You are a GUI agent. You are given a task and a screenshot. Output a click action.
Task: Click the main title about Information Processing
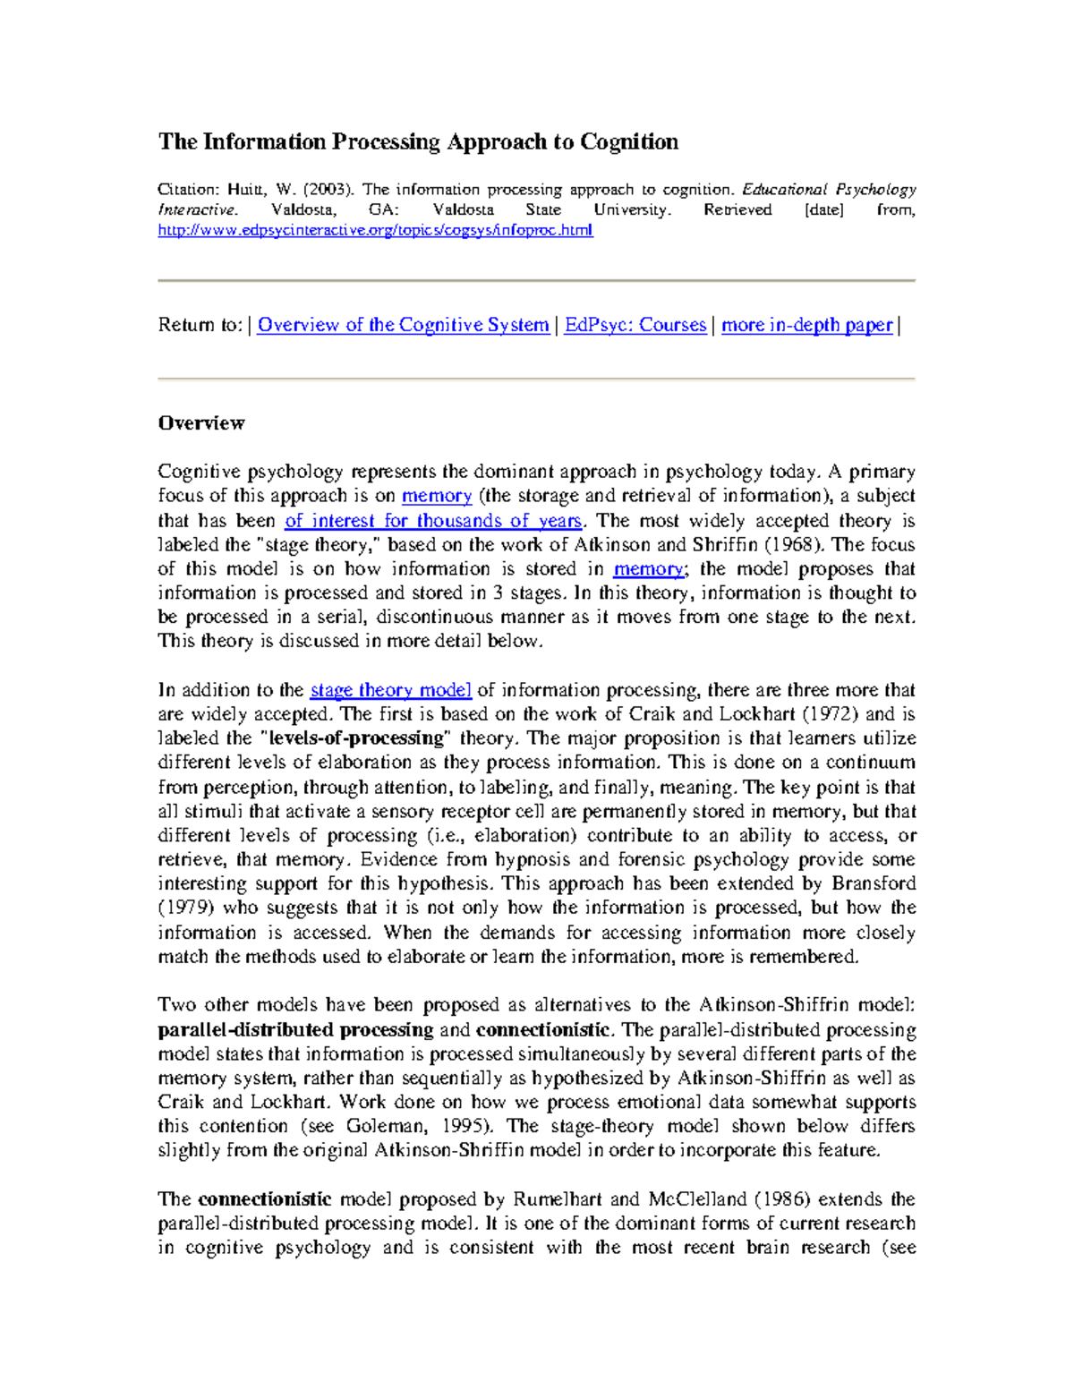pyautogui.click(x=418, y=142)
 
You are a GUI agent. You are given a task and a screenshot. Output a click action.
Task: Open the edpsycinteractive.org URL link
pyautogui.click(x=375, y=230)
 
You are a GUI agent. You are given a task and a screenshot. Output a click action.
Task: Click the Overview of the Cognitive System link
pyautogui.click(x=403, y=325)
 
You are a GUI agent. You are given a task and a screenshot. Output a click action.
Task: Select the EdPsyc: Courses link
pyautogui.click(x=635, y=325)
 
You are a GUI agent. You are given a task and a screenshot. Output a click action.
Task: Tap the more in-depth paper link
pyautogui.click(x=806, y=325)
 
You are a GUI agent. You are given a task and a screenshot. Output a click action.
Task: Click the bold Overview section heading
pyautogui.click(x=201, y=422)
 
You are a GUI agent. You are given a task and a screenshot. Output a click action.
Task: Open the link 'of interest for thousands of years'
pyautogui.click(x=433, y=520)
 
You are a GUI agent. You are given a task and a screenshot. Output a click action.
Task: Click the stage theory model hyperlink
pyautogui.click(x=390, y=690)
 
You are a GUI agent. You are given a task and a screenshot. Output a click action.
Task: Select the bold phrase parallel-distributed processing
pyautogui.click(x=295, y=1029)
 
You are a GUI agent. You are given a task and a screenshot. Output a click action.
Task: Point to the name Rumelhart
pyautogui.click(x=558, y=1199)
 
